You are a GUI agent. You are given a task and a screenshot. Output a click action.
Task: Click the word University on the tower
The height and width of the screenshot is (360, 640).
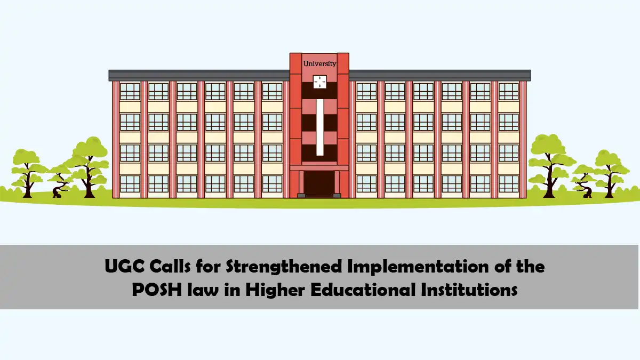click(319, 63)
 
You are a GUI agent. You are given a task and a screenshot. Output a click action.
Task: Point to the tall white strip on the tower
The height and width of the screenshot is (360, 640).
click(319, 127)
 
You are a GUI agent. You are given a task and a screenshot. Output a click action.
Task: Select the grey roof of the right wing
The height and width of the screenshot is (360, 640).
click(440, 75)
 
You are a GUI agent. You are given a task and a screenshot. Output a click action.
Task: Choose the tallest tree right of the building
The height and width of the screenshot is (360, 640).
click(548, 160)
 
